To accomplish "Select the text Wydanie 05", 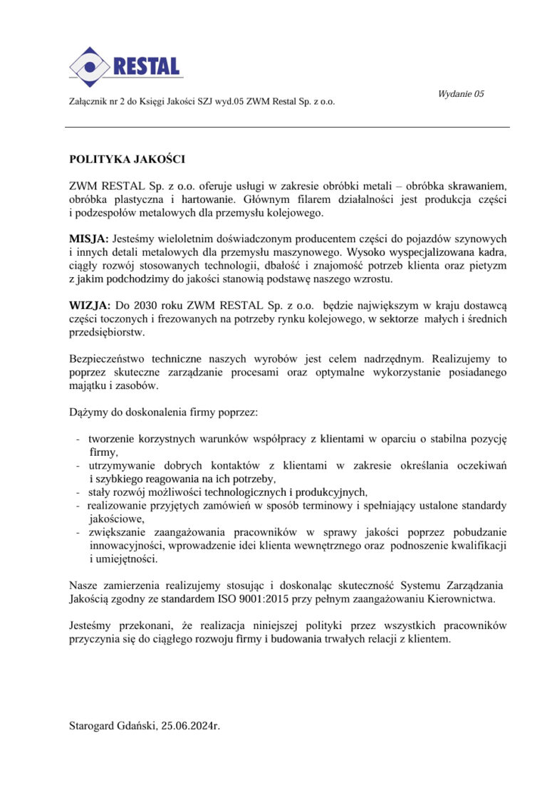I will pyautogui.click(x=461, y=94).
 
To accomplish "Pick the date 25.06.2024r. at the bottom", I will pyautogui.click(x=191, y=726).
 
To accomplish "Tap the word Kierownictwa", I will pyautogui.click(x=462, y=599).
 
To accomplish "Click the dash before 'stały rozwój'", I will pyautogui.click(x=77, y=492).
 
